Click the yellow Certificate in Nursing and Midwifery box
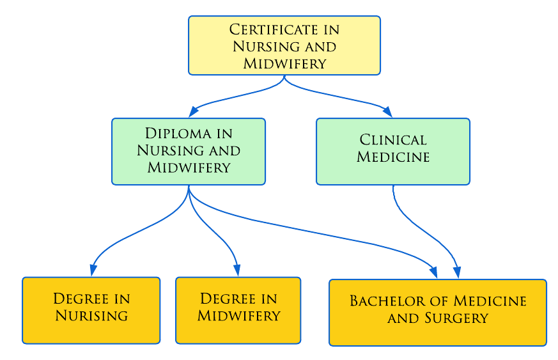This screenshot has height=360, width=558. point(284,45)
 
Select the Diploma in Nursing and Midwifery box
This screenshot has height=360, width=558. point(189,152)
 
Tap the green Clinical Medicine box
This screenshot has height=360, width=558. point(393,152)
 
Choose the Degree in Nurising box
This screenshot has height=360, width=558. point(91,310)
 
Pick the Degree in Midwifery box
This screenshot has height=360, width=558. point(238,310)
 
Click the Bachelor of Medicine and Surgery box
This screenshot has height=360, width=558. point(438,312)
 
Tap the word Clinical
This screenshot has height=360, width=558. point(393,140)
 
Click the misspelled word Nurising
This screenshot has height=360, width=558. point(91,316)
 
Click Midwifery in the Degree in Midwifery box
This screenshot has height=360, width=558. point(238,316)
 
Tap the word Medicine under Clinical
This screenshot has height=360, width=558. point(393,157)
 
